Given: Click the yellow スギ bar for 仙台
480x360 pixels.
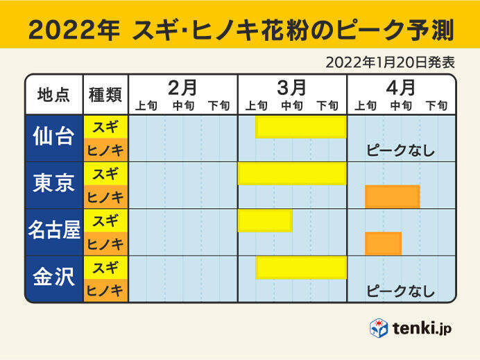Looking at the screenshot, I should [300, 127].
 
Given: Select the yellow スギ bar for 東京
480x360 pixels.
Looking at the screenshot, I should [291, 174].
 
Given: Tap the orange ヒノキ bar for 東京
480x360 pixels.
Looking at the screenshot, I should [392, 197].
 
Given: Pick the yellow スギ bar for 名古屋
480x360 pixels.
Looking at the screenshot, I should [264, 221].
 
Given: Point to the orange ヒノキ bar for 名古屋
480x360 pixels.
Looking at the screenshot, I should [383, 243].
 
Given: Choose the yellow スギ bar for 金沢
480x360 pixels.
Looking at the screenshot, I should [300, 267].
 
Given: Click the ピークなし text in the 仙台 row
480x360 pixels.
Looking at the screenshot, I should [400, 151].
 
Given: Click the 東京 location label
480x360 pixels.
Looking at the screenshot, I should [53, 185].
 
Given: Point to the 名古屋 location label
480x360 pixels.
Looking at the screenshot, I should [53, 232].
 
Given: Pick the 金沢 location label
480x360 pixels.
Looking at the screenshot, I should [53, 279].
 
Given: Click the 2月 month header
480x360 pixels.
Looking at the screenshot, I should [182, 87].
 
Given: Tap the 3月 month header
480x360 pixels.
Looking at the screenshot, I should [291, 87].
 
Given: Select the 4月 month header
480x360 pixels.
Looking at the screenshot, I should [400, 87].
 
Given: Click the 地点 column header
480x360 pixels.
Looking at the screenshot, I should [53, 95].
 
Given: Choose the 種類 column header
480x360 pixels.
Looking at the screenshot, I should [105, 95].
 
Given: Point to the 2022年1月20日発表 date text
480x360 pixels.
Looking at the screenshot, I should [390, 62].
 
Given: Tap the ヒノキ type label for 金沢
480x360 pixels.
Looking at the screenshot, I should [105, 291].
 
